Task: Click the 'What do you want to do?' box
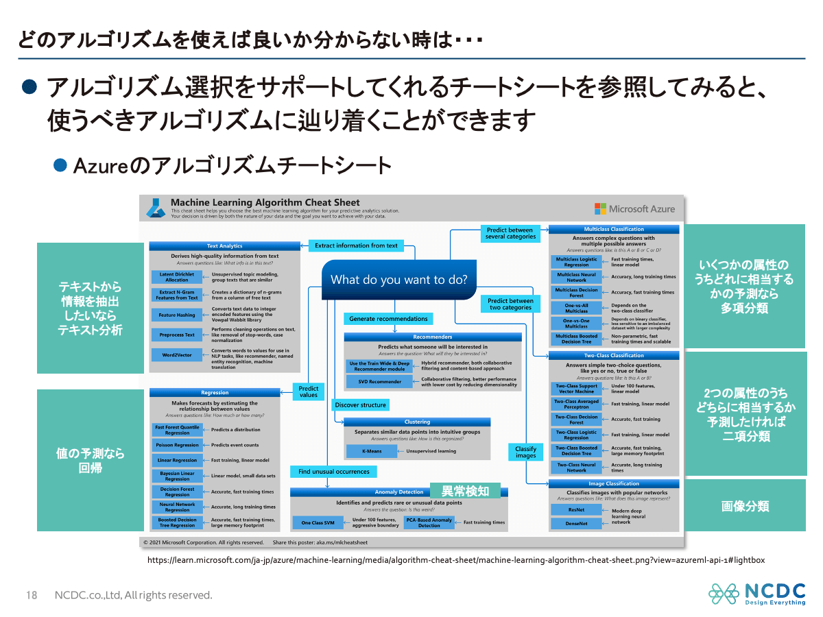point(399,280)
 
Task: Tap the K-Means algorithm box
point(374,451)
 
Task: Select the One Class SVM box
point(318,522)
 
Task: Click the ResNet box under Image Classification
point(576,510)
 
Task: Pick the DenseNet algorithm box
point(576,524)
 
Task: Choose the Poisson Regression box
point(177,445)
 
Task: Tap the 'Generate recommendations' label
point(388,319)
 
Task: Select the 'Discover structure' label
point(361,405)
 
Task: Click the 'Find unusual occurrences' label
point(333,472)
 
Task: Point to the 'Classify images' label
point(525,452)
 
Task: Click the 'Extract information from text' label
point(356,245)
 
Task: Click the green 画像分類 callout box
point(745,507)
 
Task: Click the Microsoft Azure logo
point(634,209)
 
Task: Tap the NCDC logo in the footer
point(756,594)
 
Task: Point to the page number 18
point(32,595)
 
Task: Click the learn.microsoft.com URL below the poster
point(456,560)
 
